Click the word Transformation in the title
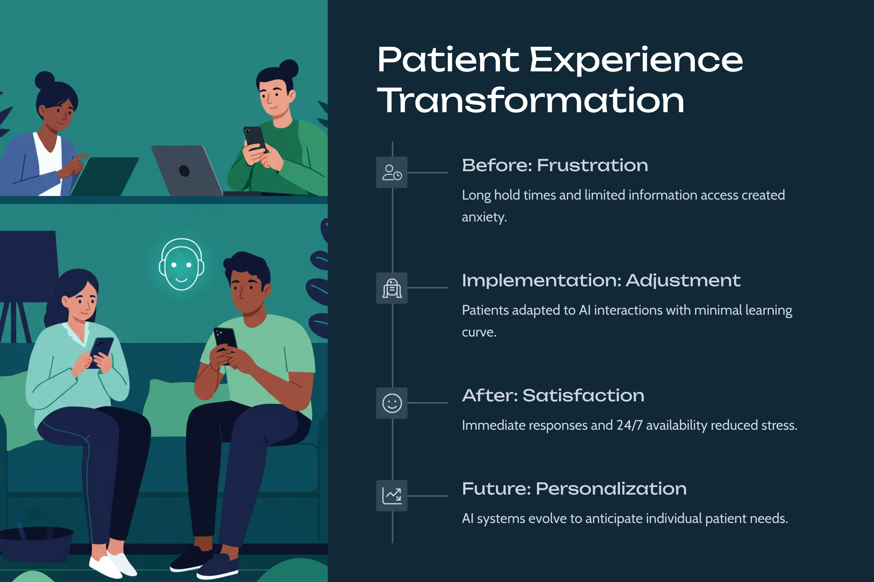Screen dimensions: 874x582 (x=531, y=100)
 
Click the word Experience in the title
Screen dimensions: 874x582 (x=637, y=60)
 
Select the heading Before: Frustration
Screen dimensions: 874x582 (x=555, y=165)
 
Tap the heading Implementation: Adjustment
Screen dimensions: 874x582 (x=601, y=280)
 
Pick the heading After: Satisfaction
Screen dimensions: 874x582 (x=553, y=395)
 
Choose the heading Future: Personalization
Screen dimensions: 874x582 (x=574, y=488)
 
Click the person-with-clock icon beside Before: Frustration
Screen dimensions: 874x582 (x=392, y=172)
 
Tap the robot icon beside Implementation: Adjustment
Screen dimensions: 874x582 (x=392, y=288)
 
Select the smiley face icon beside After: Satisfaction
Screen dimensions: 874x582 (x=392, y=403)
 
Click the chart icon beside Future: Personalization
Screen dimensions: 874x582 (x=392, y=496)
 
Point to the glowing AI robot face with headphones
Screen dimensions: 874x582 (x=181, y=264)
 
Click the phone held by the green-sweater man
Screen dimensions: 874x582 (x=255, y=139)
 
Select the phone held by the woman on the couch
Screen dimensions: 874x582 (x=101, y=352)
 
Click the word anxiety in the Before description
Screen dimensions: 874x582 (x=484, y=217)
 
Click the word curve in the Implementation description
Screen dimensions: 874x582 (x=479, y=332)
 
